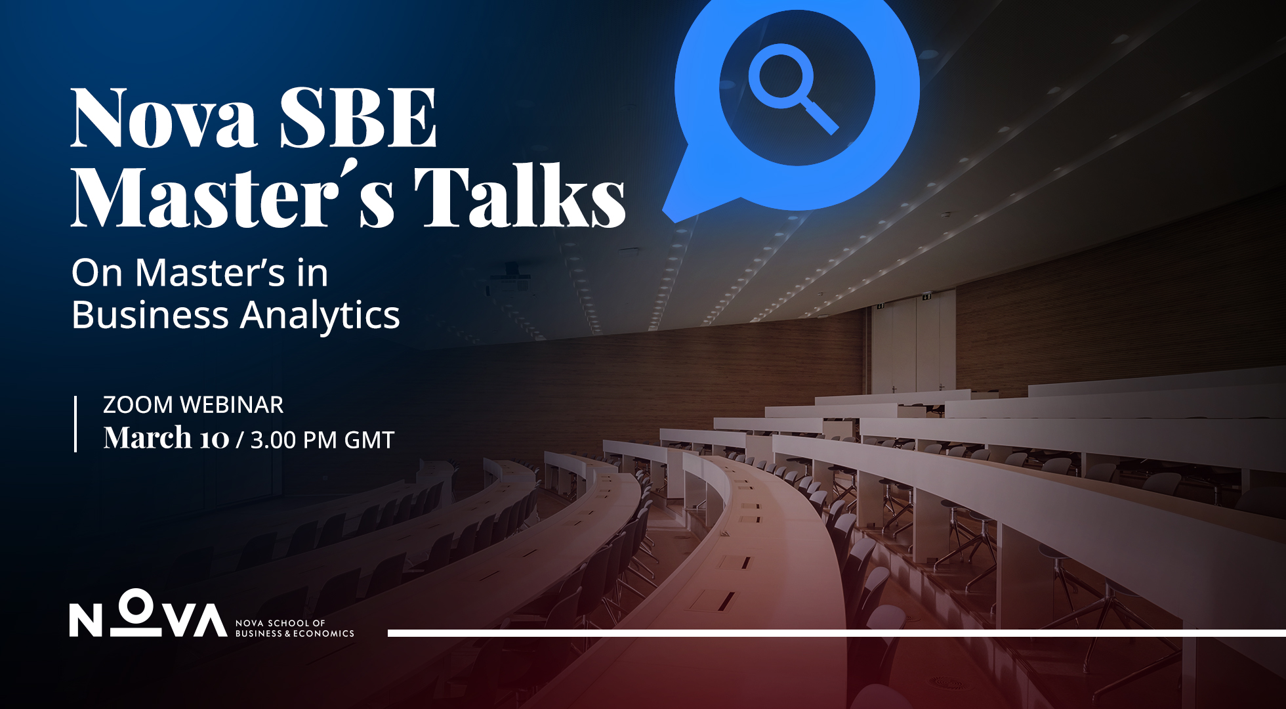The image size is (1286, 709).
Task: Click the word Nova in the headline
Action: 164,118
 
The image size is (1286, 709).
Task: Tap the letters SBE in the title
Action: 358,118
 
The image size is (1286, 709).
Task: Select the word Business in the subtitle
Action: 150,315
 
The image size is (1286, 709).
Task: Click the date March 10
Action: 166,439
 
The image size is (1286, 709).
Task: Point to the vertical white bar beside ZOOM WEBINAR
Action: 75,423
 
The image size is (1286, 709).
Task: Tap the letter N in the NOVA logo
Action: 86,620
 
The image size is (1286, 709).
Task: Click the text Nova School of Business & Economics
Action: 294,628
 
